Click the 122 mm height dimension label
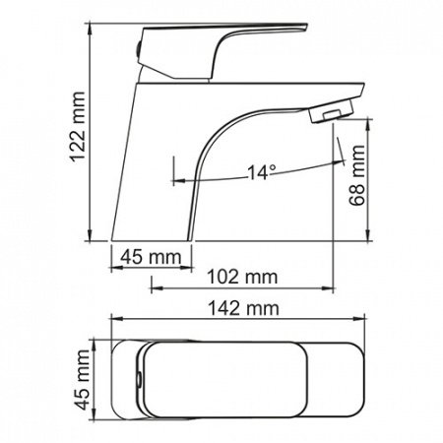pyautogui.click(x=78, y=127)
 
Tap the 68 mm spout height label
pyautogui.click(x=356, y=175)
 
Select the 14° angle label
pyautogui.click(x=262, y=172)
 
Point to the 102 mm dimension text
pyautogui.click(x=242, y=277)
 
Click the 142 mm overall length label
pyautogui.click(x=243, y=309)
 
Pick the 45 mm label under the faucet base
pyautogui.click(x=151, y=257)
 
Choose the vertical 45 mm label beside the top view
pyautogui.click(x=82, y=379)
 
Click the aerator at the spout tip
pyautogui.click(x=331, y=111)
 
